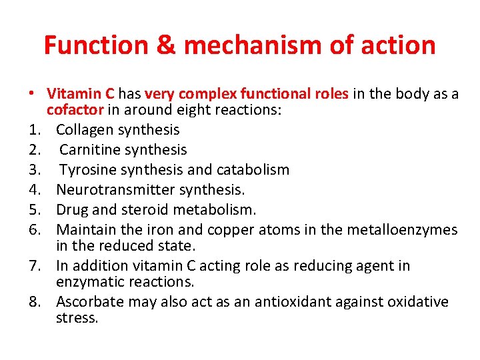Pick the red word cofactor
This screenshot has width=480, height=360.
(x=75, y=110)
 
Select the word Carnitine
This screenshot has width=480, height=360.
(x=89, y=150)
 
